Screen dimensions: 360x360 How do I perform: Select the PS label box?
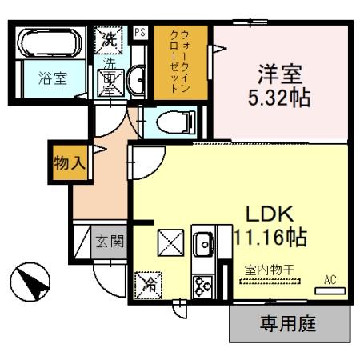pyautogui.click(x=139, y=33)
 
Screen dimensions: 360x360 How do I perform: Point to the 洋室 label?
pyautogui.click(x=280, y=74)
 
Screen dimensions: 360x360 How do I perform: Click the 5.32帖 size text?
pyautogui.click(x=280, y=99)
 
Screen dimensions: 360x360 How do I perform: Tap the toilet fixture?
pyautogui.click(x=172, y=122)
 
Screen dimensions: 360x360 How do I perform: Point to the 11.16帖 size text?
pyautogui.click(x=270, y=237)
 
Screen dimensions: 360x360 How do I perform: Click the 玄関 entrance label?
pyautogui.click(x=110, y=240)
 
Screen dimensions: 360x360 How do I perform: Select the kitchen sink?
pyautogui.click(x=202, y=242)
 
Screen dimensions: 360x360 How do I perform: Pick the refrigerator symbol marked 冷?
pyautogui.click(x=149, y=282)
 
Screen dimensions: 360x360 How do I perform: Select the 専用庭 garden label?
pyautogui.click(x=290, y=324)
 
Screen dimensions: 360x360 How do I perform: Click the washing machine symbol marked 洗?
pyautogui.click(x=108, y=38)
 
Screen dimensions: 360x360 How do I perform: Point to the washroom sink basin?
pyautogui.click(x=135, y=80)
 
